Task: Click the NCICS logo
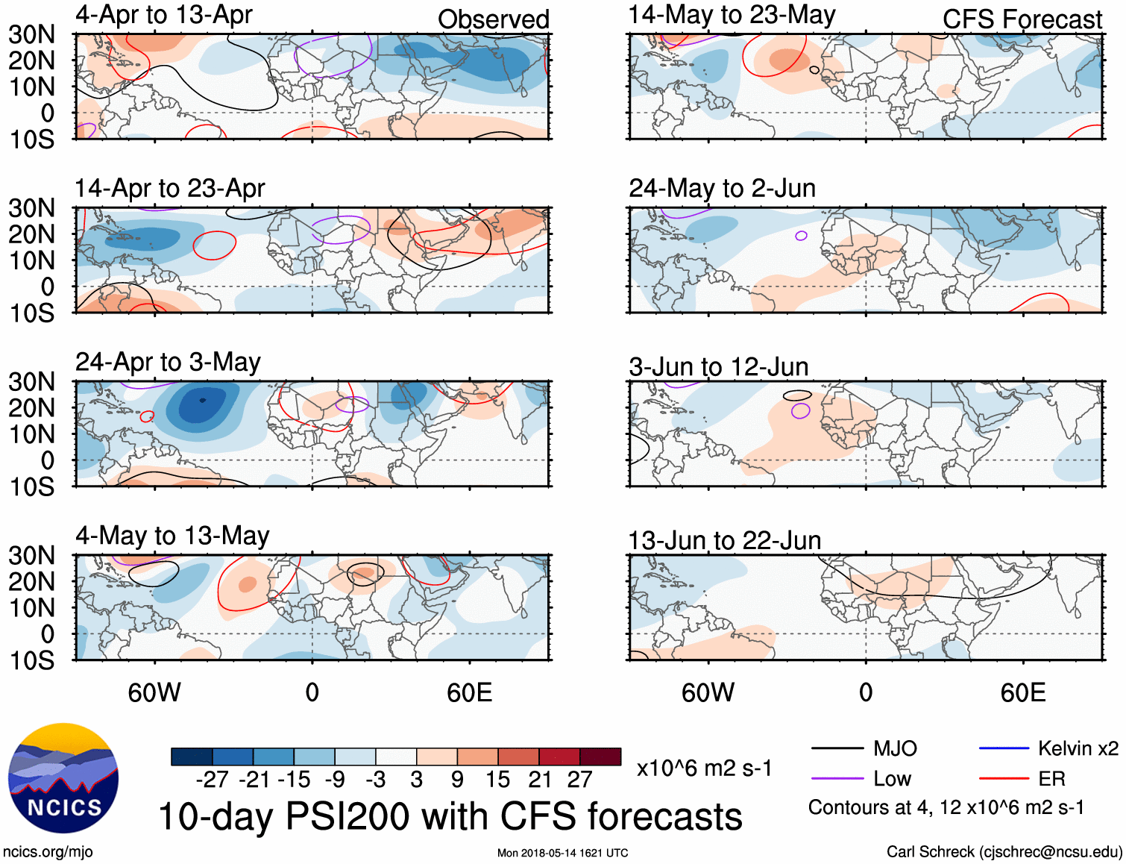63,777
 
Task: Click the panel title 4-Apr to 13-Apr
163,15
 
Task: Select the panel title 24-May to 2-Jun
722,188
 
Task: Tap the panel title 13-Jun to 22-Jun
724,540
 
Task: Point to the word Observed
493,19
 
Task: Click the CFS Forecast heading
1022,19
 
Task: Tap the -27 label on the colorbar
212,780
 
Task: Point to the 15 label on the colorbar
497,780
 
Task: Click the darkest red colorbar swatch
600,757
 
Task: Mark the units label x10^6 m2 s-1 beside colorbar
704,768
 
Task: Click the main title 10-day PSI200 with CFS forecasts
450,816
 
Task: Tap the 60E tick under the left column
469,692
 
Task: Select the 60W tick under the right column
708,692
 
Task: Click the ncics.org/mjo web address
48,852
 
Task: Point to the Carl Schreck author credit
1004,852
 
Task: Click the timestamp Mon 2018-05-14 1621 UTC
562,853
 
